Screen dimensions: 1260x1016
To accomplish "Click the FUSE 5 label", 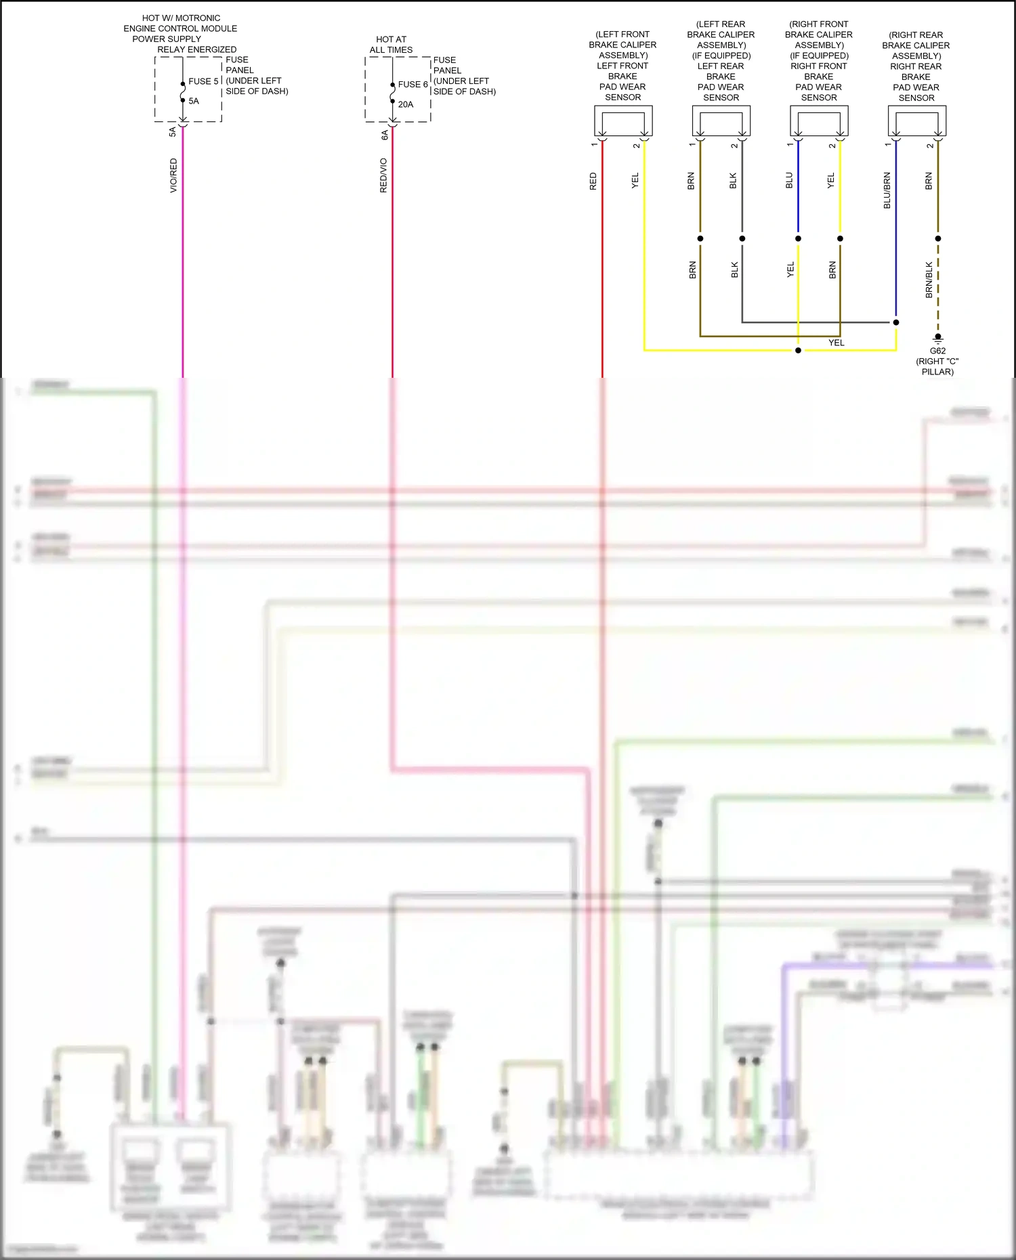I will click(203, 81).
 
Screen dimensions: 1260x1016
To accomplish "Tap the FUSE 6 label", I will click(412, 85).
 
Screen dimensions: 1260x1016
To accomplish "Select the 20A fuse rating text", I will click(406, 104).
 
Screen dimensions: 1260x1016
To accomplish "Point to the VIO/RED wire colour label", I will click(173, 175).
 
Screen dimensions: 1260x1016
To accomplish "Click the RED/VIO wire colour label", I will click(383, 175).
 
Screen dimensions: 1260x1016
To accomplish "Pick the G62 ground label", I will click(937, 351).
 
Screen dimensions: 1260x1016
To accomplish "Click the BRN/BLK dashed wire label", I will click(929, 280).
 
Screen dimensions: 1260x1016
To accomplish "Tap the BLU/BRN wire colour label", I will click(887, 190).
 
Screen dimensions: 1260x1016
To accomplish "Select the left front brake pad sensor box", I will click(623, 121).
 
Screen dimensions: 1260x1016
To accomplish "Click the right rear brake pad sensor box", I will click(916, 121).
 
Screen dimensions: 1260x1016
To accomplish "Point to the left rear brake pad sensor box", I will click(721, 121).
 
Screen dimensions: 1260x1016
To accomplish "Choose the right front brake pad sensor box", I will click(819, 121).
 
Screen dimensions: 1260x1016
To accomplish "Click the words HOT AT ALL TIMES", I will click(391, 45).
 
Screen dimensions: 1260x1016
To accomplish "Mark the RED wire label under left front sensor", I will click(593, 181).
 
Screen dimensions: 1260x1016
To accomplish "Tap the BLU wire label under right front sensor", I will click(789, 181).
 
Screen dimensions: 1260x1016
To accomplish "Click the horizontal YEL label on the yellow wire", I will click(837, 343).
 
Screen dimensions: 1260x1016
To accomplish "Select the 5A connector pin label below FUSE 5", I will click(172, 131).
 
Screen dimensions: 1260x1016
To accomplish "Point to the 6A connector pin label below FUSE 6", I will click(385, 135).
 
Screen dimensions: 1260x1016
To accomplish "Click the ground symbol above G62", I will click(938, 338).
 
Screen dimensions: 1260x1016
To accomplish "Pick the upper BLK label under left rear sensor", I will click(733, 181).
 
